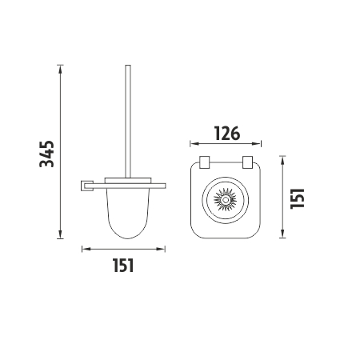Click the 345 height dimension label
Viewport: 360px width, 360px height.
tap(47, 154)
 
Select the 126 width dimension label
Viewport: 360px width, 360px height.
tap(227, 134)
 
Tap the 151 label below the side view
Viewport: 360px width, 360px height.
tap(123, 266)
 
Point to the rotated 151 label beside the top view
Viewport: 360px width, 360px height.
tap(298, 198)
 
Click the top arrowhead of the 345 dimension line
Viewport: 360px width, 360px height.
tap(61, 69)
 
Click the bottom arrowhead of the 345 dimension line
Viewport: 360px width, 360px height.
tap(61, 235)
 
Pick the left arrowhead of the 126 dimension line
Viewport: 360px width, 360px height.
tap(194, 144)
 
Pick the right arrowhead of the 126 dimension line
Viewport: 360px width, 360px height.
tap(257, 144)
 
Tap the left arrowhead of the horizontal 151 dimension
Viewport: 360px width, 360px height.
tap(86, 249)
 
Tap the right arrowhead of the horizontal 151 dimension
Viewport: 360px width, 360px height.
tap(161, 249)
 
